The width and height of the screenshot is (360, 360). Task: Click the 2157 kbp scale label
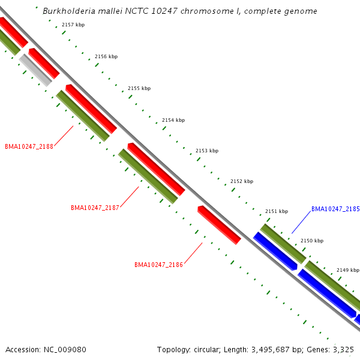(x=73, y=25)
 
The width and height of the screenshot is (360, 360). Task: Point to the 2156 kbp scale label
(x=106, y=56)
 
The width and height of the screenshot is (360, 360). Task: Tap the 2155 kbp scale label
(x=139, y=88)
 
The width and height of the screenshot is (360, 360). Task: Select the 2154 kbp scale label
(x=173, y=120)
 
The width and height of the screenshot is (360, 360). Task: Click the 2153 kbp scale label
(x=206, y=151)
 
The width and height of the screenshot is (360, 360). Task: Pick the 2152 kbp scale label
(x=241, y=181)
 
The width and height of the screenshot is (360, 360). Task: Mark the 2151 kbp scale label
(x=276, y=211)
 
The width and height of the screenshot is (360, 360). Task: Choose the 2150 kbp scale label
(x=311, y=241)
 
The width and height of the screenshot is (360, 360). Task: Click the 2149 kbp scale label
(x=347, y=270)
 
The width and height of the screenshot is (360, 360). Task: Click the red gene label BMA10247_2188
(x=29, y=146)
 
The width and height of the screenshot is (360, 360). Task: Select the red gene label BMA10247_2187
(x=95, y=208)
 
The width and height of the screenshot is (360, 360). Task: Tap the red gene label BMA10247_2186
(x=158, y=265)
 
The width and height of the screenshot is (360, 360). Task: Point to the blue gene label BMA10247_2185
(x=335, y=209)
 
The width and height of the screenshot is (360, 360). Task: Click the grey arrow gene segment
(x=36, y=70)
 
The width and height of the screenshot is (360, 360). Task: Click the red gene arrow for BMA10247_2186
(x=219, y=224)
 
